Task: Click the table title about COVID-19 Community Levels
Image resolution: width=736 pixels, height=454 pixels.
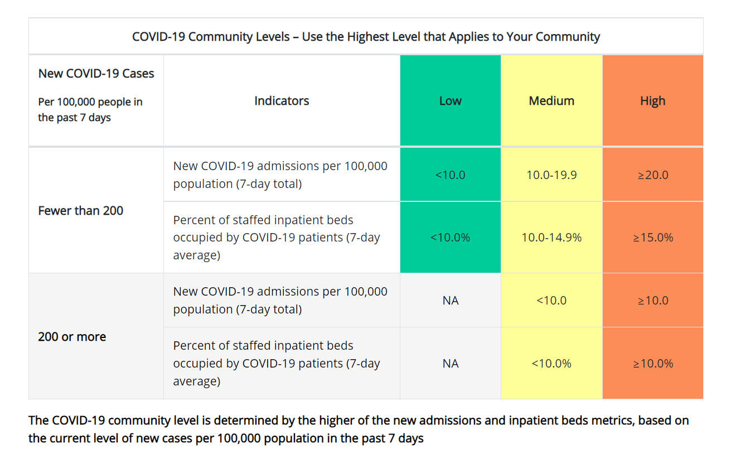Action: [x=366, y=37]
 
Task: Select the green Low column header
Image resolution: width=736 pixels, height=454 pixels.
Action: [x=450, y=101]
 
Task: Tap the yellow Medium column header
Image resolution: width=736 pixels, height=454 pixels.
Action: [x=551, y=101]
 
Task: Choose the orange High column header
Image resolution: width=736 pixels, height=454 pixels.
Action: [x=652, y=101]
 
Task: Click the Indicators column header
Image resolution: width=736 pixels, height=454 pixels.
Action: [x=282, y=101]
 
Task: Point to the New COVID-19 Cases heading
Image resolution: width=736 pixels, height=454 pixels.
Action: [x=96, y=74]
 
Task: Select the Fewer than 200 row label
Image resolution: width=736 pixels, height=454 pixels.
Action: [x=81, y=211]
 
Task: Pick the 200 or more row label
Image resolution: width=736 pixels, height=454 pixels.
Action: [x=72, y=337]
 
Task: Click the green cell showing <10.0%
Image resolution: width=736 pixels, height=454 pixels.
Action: [x=450, y=238]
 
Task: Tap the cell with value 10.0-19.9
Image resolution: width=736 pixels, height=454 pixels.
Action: [x=551, y=175]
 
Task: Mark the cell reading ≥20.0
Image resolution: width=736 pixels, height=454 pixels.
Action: [x=652, y=175]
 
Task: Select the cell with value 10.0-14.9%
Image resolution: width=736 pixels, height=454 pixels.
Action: [x=551, y=238]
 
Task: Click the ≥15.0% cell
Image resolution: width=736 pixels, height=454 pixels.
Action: [x=652, y=238]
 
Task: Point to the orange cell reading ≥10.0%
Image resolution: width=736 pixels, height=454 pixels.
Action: [x=652, y=364]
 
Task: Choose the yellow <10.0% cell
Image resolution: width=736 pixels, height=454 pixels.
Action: [x=551, y=364]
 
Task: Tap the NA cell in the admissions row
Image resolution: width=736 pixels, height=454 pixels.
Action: [x=450, y=301]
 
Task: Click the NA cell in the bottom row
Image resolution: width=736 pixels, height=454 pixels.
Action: [x=450, y=364]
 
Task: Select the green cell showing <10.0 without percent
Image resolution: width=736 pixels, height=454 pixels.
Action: [x=450, y=175]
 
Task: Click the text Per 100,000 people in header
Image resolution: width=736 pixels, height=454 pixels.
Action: [x=90, y=102]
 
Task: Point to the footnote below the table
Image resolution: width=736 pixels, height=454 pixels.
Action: [x=358, y=429]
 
